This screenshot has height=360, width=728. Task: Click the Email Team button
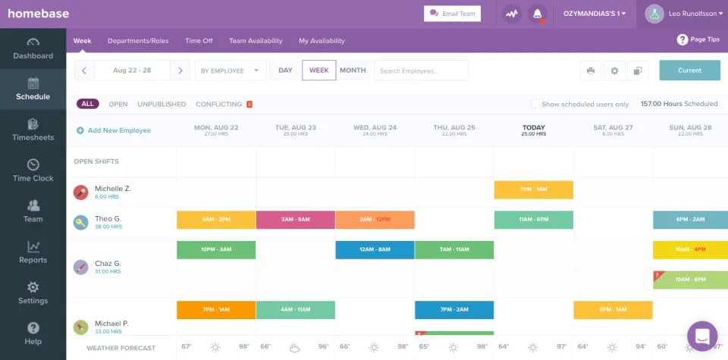[452, 14]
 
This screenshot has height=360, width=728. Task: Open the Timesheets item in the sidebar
[33, 130]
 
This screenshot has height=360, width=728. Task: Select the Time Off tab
[199, 41]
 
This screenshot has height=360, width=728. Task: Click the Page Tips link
[698, 39]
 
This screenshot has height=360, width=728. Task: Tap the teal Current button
[689, 70]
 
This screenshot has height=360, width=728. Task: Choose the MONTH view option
[353, 70]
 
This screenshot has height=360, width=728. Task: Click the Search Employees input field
[422, 70]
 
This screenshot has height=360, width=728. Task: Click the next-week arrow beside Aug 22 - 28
[180, 70]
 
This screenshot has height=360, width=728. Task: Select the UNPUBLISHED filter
[162, 104]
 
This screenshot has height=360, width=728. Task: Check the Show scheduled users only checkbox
[535, 104]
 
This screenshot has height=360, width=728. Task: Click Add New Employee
[114, 130]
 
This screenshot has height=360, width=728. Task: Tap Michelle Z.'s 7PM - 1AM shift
[533, 189]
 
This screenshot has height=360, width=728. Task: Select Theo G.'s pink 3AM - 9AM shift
[295, 220]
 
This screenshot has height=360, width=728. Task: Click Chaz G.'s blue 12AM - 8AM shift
[375, 250]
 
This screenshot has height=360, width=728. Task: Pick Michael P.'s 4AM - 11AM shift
[295, 310]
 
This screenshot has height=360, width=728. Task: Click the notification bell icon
[538, 14]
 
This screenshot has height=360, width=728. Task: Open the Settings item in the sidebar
[33, 293]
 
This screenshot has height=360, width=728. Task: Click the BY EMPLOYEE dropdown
[230, 70]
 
